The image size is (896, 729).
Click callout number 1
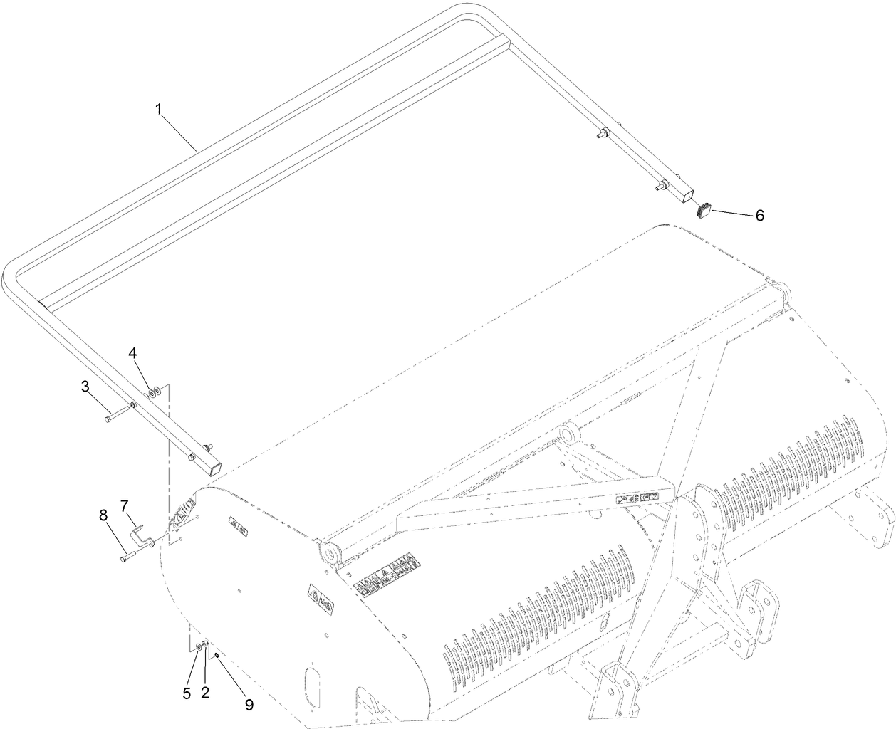click(159, 109)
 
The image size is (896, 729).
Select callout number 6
click(759, 216)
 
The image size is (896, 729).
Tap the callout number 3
click(85, 387)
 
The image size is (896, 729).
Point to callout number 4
click(132, 353)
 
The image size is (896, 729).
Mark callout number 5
click(187, 693)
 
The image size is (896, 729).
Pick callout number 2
click(205, 693)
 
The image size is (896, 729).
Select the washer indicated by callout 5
click(198, 646)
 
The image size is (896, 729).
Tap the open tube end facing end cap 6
click(686, 192)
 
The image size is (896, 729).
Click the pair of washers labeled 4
click(153, 391)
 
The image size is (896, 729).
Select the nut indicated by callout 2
click(205, 645)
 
